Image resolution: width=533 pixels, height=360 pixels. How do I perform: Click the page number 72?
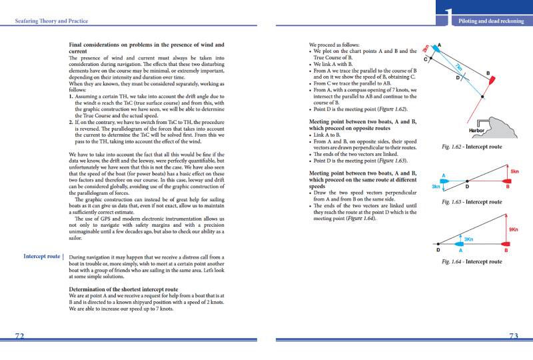[x=20, y=336]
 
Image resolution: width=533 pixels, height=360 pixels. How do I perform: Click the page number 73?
[x=513, y=336]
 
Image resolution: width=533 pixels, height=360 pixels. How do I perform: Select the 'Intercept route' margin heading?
[x=43, y=256]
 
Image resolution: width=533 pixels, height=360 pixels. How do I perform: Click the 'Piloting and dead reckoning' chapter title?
[x=491, y=21]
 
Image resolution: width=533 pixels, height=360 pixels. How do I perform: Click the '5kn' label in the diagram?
[x=514, y=171]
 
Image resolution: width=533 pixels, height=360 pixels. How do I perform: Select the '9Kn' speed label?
[x=513, y=230]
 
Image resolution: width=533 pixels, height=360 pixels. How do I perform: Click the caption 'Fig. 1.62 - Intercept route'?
[x=472, y=147]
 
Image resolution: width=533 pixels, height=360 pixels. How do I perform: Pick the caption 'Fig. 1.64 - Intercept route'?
[x=472, y=262]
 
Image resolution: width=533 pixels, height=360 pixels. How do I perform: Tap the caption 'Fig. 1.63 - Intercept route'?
[x=472, y=202]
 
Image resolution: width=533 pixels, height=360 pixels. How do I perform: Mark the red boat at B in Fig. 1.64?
[x=505, y=244]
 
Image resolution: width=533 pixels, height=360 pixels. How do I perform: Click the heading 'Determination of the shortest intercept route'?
[x=124, y=289]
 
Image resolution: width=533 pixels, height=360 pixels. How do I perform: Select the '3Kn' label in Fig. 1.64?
[x=468, y=239]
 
